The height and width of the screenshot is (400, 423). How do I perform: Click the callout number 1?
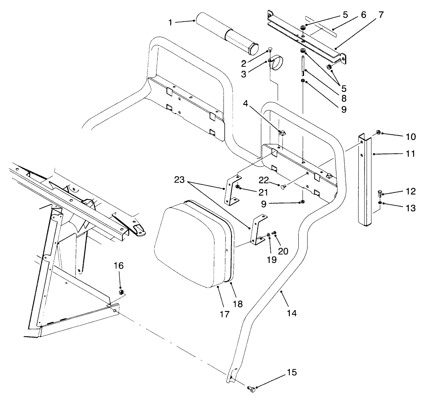tap(171, 22)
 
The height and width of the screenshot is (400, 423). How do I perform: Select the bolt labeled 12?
tap(380, 193)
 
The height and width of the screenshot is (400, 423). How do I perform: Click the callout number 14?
tap(292, 313)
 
